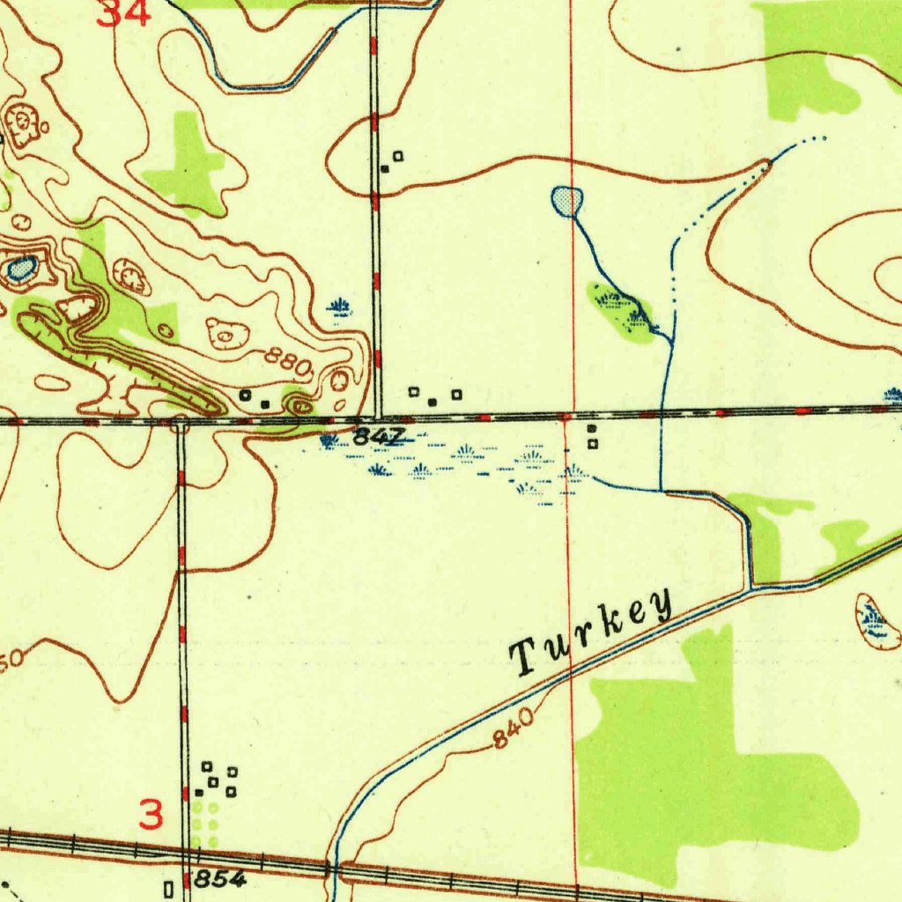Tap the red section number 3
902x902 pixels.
pos(152,815)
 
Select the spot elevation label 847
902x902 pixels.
pos(380,436)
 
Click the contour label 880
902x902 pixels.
pos(289,361)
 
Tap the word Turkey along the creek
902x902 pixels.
pos(593,632)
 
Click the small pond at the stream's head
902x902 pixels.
pos(566,201)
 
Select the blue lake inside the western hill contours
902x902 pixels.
pos(21,267)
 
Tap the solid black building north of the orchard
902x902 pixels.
pos(199,793)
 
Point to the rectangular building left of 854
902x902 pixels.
pos(168,885)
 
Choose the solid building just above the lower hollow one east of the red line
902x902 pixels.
pos(591,429)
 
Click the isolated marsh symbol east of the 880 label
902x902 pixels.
pos(339,307)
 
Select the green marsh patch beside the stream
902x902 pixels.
pos(622,309)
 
